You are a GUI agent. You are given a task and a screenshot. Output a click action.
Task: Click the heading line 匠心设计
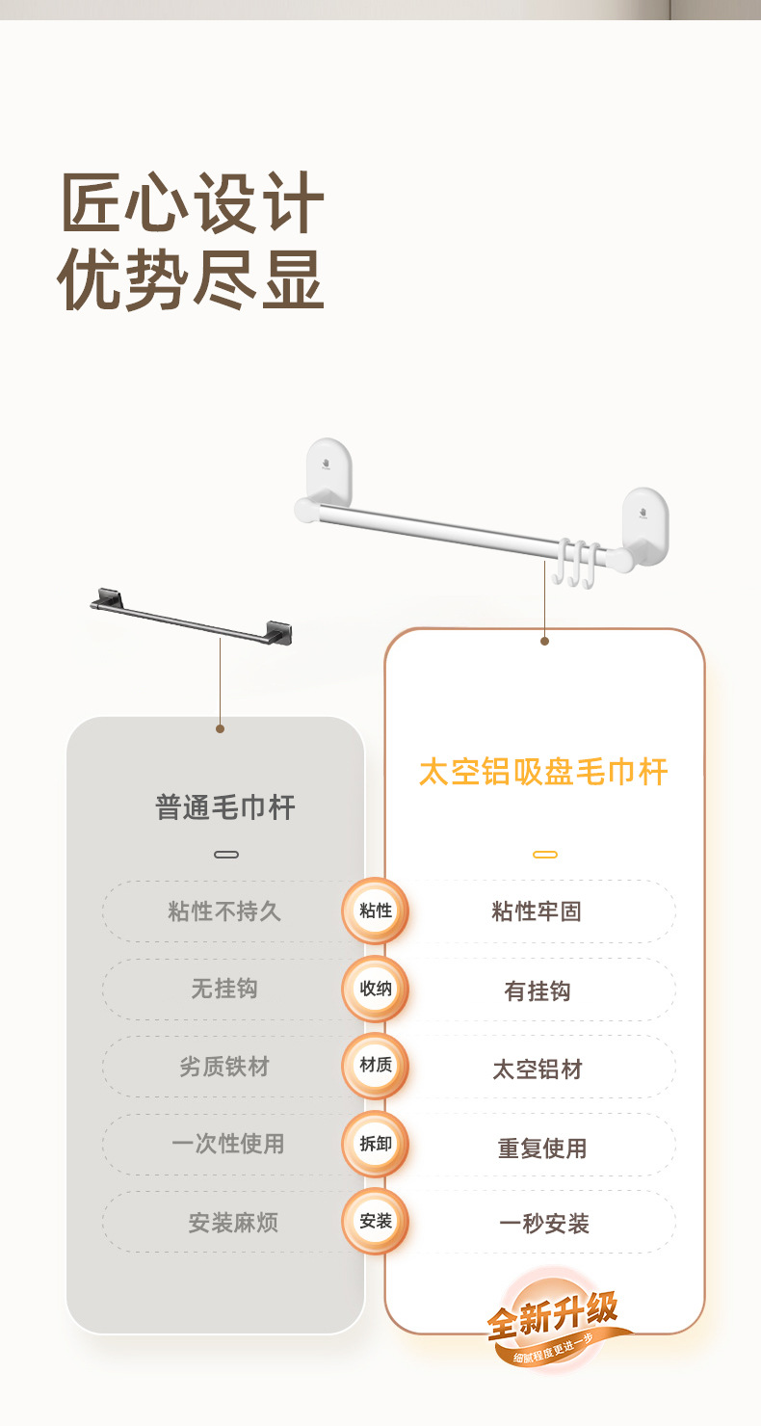point(192,202)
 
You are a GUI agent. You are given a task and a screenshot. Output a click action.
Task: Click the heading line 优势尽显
point(191,278)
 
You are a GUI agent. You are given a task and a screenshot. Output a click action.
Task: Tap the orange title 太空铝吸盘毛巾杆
point(543,772)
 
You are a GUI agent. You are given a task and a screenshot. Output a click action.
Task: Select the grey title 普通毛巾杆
point(225,807)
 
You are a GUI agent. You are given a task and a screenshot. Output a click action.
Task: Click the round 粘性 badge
point(376,911)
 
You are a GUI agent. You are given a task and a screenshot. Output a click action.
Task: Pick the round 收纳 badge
point(376,989)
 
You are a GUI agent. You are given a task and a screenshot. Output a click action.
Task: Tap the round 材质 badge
point(376,1066)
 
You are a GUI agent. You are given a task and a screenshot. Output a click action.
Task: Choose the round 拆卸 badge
point(376,1144)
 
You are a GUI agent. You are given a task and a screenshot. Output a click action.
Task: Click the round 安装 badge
point(376,1221)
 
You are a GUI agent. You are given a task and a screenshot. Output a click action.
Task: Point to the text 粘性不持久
point(224,911)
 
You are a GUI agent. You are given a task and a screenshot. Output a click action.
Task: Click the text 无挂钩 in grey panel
point(224,989)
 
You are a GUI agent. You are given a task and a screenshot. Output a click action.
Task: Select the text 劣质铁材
point(224,1067)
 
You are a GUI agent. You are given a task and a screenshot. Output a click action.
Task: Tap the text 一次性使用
point(227,1144)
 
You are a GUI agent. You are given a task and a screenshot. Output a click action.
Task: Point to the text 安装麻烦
point(233,1223)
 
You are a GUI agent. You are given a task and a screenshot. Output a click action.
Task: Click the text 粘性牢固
point(537,911)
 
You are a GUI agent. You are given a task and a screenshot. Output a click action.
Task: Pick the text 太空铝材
point(538,1069)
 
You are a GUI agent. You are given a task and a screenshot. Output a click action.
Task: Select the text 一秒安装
point(544,1224)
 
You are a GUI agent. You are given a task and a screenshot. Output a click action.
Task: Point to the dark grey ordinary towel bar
point(191,616)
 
